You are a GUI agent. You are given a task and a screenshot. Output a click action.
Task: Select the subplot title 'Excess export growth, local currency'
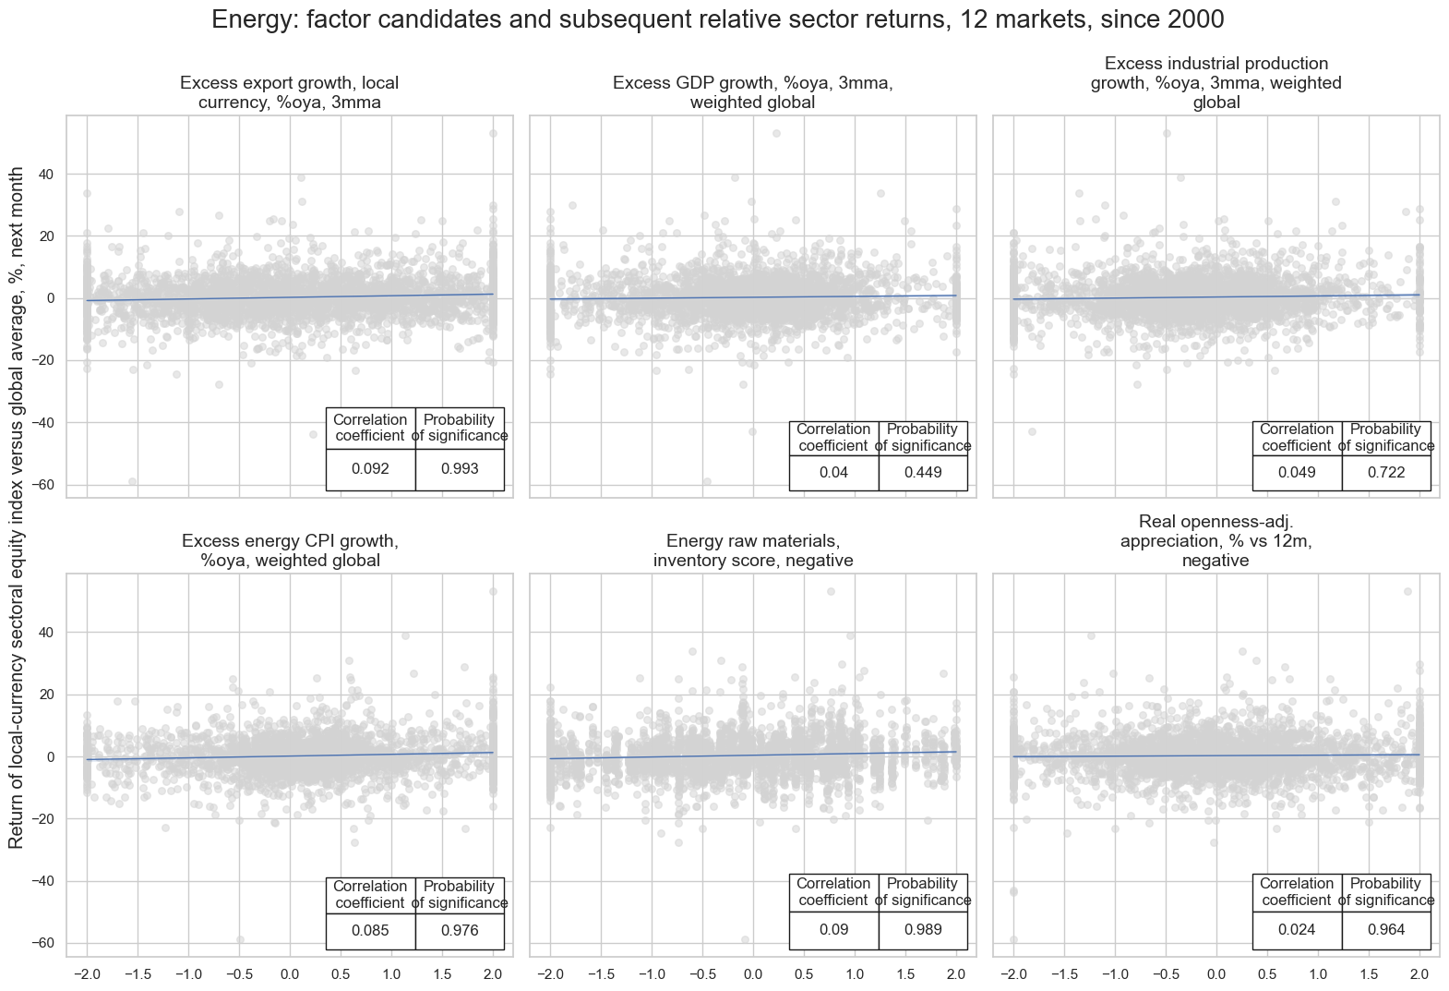click(x=290, y=93)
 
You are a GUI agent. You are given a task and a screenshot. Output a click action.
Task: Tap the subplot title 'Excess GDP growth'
click(x=752, y=93)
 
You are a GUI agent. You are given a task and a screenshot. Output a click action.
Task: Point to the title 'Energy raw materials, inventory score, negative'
click(x=752, y=551)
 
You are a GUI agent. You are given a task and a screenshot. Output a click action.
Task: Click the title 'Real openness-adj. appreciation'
click(x=1215, y=541)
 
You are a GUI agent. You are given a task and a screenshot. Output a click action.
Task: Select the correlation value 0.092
click(x=370, y=469)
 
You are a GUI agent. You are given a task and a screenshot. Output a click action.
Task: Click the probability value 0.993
click(x=460, y=469)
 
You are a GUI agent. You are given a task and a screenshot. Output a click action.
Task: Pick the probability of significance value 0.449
click(x=923, y=473)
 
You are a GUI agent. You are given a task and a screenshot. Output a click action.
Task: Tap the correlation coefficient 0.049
click(x=1297, y=473)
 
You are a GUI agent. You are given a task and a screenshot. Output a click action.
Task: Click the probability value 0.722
click(x=1386, y=473)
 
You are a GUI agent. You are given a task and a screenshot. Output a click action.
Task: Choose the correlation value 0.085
click(x=370, y=931)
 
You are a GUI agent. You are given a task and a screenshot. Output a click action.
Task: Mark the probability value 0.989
click(x=923, y=930)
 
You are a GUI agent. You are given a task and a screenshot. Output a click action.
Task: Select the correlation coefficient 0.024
click(x=1297, y=930)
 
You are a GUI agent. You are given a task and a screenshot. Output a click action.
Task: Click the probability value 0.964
click(x=1386, y=930)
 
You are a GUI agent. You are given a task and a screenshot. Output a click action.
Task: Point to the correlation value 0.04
click(x=833, y=473)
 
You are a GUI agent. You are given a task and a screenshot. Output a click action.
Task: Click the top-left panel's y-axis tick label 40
click(x=46, y=175)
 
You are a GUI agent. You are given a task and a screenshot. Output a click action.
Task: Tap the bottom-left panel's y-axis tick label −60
click(x=43, y=943)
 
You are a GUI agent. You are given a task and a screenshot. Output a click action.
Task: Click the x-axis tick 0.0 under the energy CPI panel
click(x=290, y=974)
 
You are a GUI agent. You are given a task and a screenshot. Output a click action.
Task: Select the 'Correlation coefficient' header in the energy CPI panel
click(x=370, y=895)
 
